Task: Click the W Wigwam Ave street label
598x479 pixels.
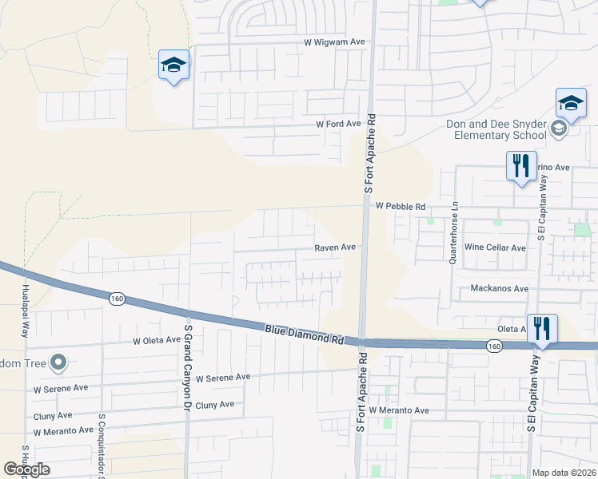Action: click(335, 43)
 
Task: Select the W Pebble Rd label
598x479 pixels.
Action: click(401, 206)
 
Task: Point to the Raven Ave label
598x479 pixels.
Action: click(334, 247)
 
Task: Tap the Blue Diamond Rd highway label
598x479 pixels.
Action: click(305, 333)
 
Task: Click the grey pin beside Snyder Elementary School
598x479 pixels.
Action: click(559, 129)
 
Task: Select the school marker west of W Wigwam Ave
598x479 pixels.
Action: click(173, 65)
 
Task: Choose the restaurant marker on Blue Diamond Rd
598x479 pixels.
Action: click(542, 328)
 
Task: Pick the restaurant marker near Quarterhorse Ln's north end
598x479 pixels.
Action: click(520, 166)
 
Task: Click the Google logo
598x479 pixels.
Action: click(27, 469)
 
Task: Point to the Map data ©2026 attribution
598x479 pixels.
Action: click(564, 473)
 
